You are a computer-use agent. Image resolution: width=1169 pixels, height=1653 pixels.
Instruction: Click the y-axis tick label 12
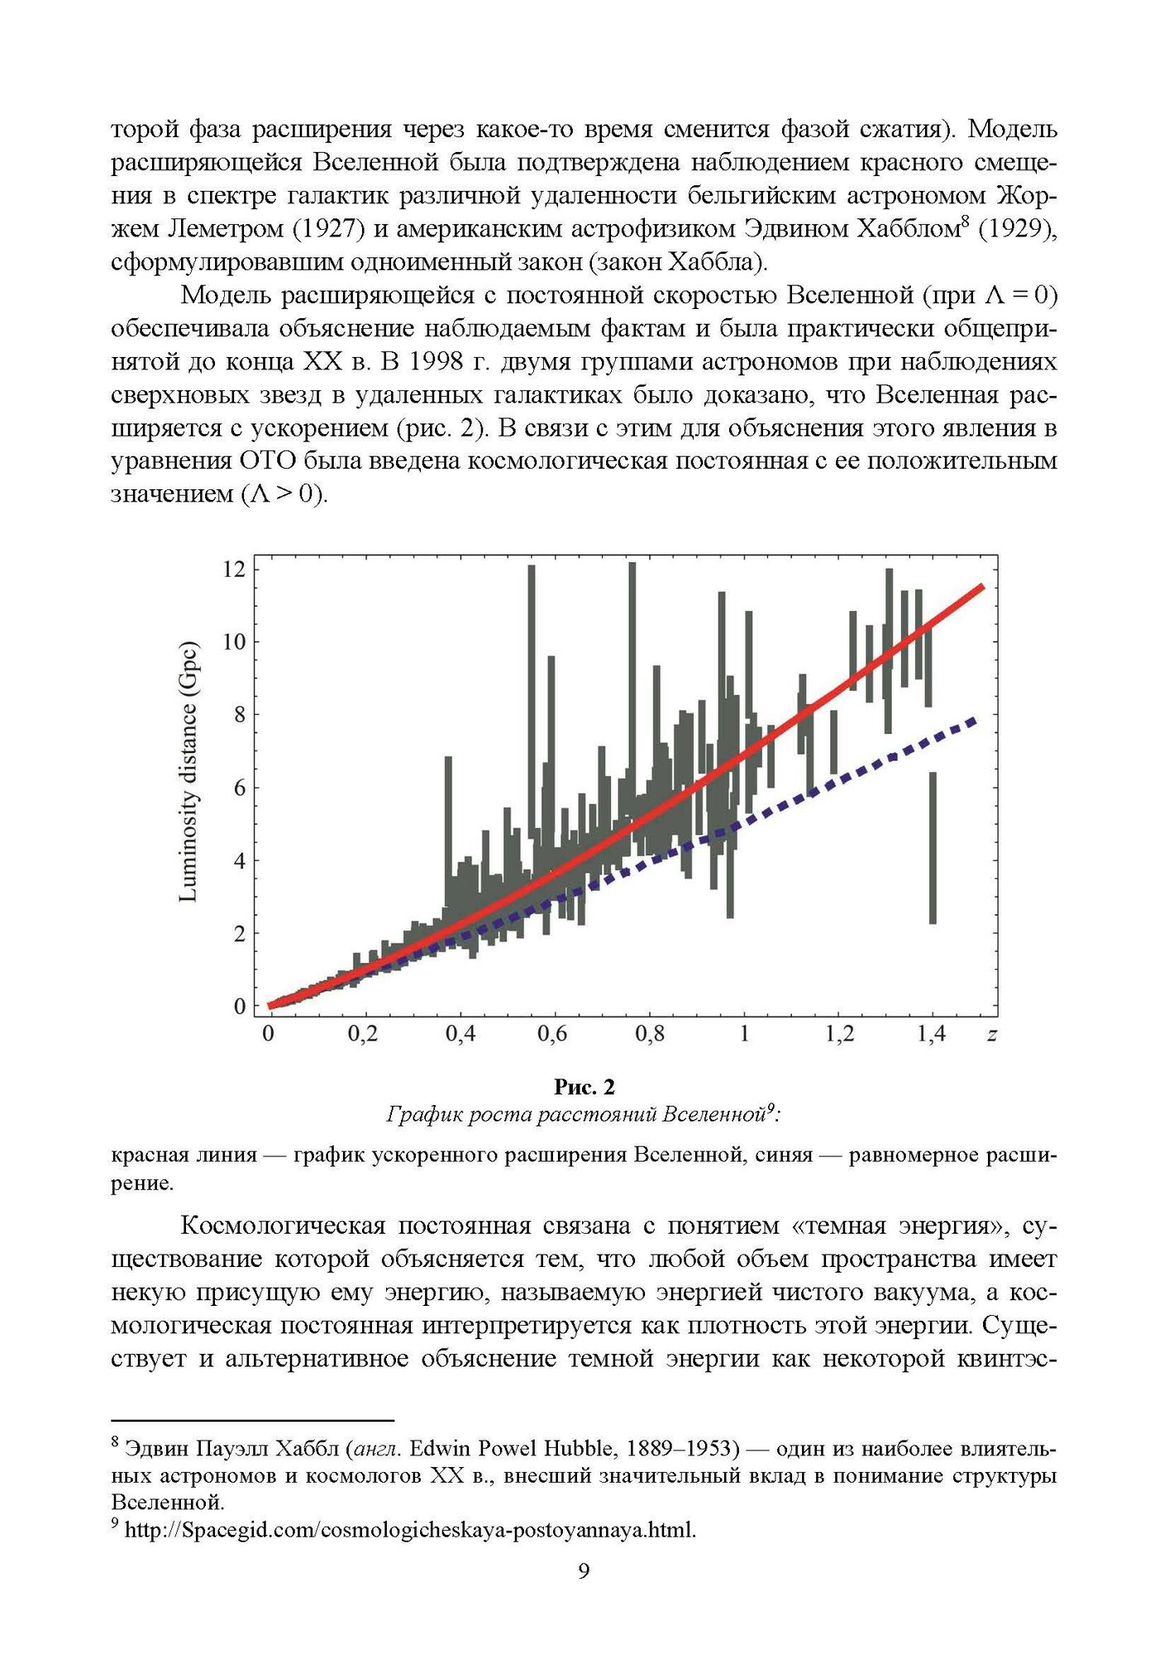(x=234, y=569)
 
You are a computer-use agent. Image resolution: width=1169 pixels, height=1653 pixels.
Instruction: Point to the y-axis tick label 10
(x=234, y=641)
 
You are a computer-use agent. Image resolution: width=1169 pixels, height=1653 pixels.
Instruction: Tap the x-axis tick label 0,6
(x=552, y=1034)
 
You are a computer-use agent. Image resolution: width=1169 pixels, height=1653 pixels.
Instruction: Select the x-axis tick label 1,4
(x=932, y=1034)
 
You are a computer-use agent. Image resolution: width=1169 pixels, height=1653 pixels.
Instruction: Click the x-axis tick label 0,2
(x=362, y=1034)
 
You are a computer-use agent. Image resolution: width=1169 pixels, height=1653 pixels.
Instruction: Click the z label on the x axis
(x=992, y=1034)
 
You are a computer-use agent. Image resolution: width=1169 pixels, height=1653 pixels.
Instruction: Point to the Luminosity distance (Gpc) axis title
(x=188, y=771)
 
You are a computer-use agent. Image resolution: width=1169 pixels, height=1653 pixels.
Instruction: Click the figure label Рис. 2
(x=584, y=1086)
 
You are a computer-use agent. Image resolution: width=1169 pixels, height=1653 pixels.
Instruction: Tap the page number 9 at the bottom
(x=584, y=1571)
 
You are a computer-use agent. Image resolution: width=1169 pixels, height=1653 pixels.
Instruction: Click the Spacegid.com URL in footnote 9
(x=410, y=1530)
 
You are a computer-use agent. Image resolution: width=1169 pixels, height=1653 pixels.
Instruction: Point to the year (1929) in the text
(x=1017, y=229)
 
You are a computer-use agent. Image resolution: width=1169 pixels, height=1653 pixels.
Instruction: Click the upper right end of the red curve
(x=981, y=587)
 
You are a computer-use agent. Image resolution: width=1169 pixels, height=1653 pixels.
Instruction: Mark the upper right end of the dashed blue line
(x=975, y=721)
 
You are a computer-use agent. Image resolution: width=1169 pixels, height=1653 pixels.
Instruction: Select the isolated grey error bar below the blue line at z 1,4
(x=933, y=847)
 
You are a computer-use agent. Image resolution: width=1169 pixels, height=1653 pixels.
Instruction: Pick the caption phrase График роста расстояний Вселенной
(x=576, y=1114)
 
